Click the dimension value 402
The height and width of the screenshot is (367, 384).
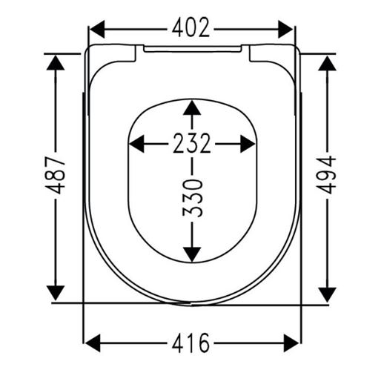pos(191,27)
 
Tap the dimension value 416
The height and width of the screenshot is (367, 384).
pos(191,343)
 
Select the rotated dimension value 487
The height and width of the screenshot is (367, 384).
pos(55,175)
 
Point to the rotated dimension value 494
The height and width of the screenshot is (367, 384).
pos(326,175)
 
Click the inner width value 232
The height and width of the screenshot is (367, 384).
pos(192,143)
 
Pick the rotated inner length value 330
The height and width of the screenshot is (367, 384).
pos(192,199)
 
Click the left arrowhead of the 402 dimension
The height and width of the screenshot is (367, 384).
pos(97,29)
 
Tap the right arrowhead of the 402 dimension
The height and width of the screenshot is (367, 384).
pos(285,29)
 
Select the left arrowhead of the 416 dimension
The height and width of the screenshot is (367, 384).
pos(93,343)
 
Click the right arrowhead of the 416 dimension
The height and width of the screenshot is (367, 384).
pos(291,343)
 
